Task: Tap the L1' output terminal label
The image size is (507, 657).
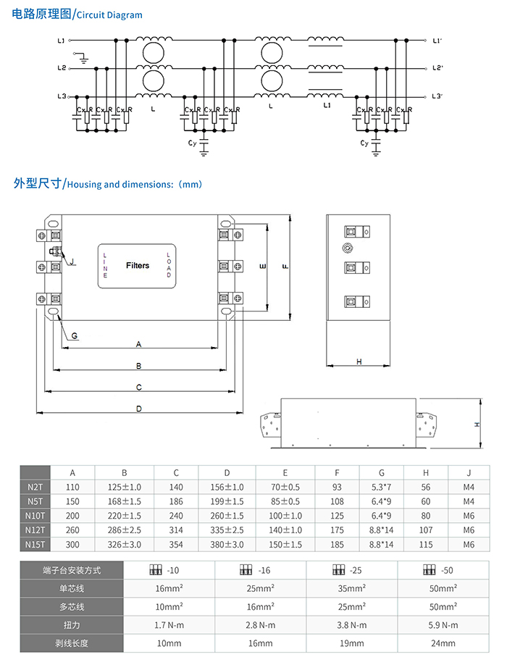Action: click(437, 40)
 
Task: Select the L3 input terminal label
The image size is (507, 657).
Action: click(62, 96)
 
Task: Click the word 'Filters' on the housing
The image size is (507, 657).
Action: click(138, 266)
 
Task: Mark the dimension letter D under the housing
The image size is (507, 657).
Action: click(138, 409)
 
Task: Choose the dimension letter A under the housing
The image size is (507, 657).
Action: click(138, 343)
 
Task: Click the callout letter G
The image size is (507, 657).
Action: click(75, 335)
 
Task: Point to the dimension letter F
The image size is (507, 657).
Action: click(286, 266)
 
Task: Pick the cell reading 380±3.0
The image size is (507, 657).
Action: click(227, 545)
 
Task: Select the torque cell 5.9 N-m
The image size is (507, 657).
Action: click(440, 624)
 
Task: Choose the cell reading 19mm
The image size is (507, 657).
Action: click(351, 643)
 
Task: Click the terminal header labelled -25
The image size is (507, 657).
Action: click(351, 570)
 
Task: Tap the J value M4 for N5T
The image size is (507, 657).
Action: click(469, 501)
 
